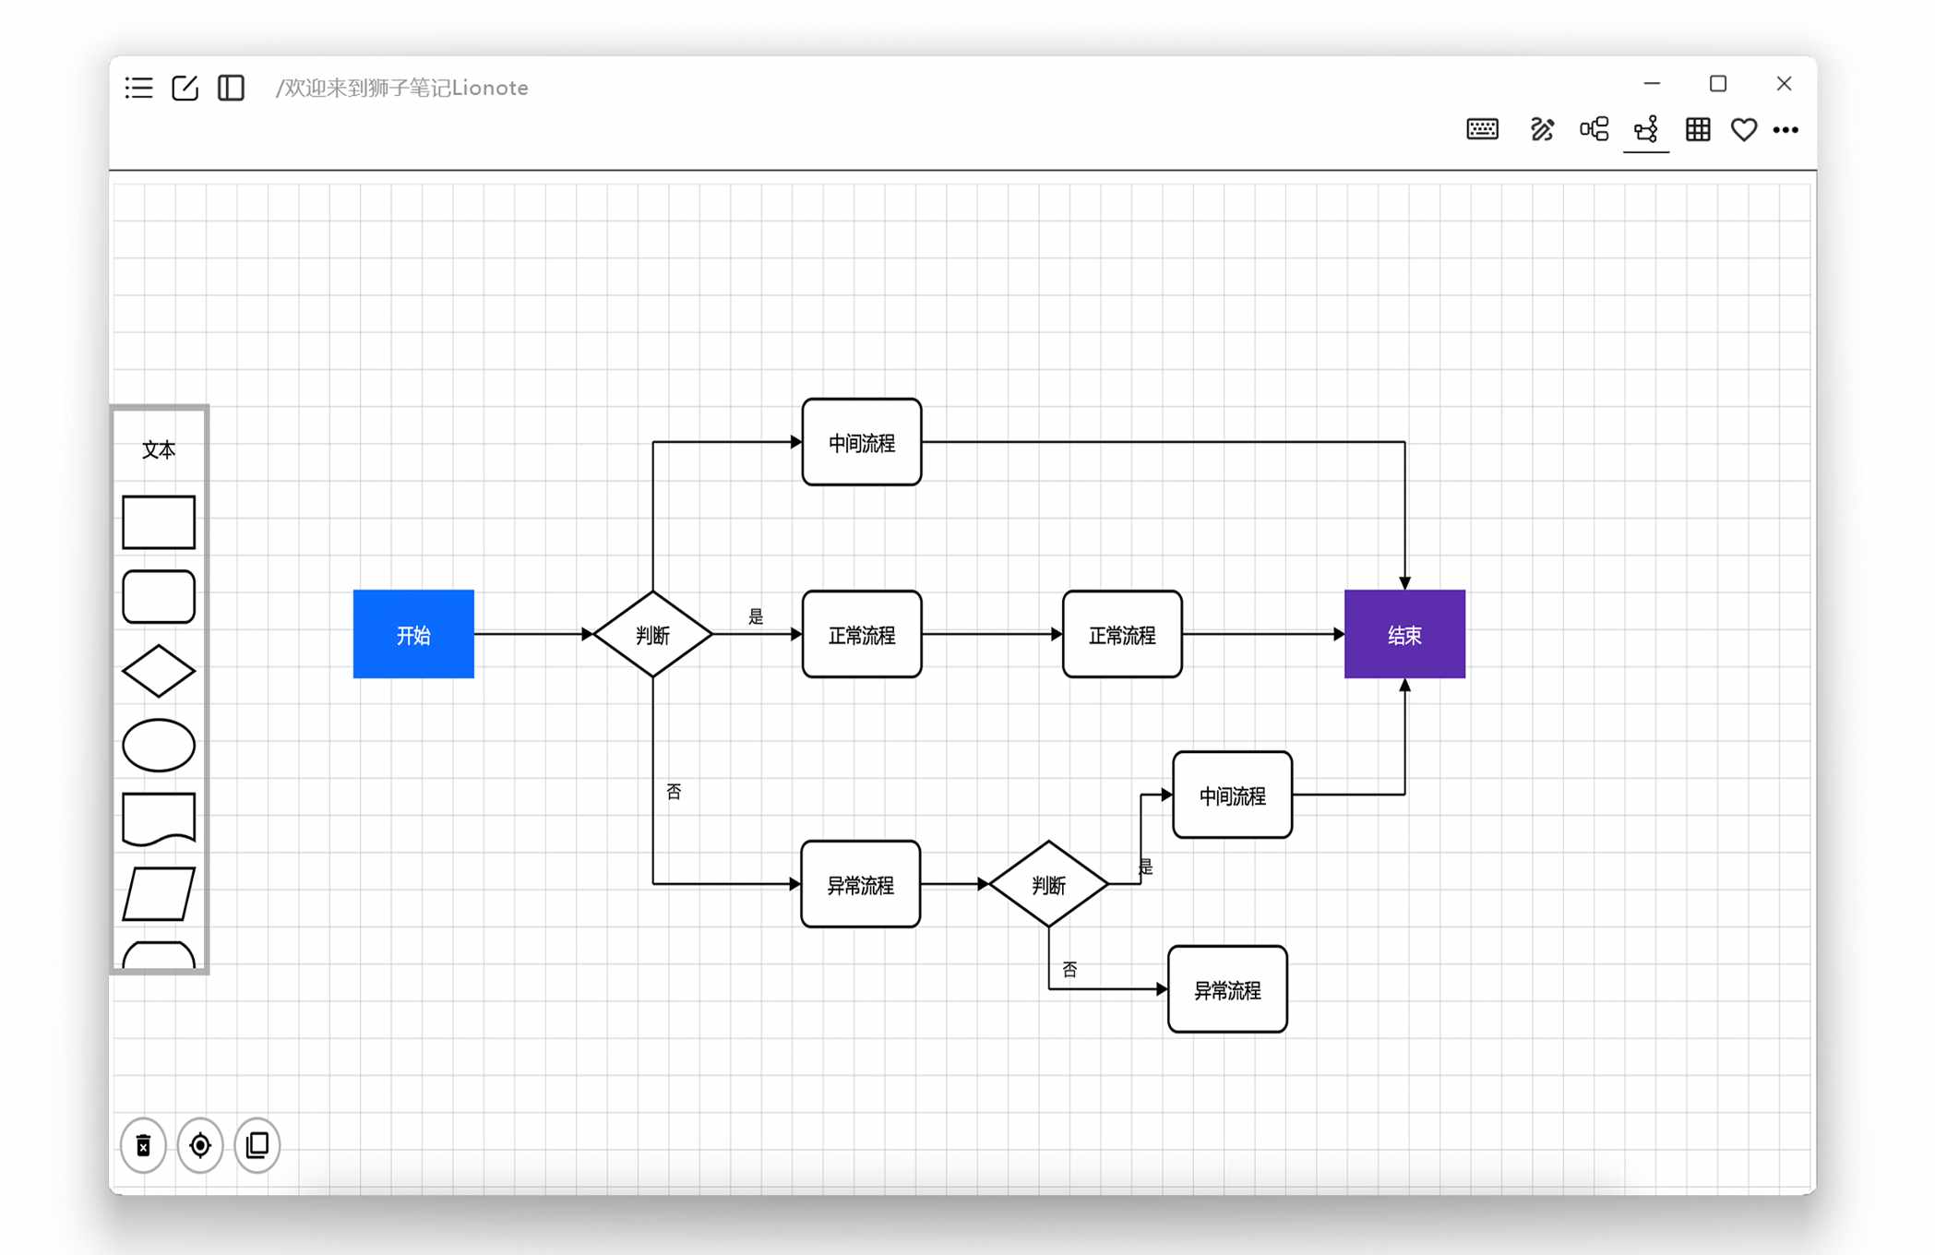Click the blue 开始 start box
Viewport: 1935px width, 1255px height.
[x=413, y=634]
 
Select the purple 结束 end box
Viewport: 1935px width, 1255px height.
[x=1404, y=634]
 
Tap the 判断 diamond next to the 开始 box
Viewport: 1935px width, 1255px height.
[x=652, y=634]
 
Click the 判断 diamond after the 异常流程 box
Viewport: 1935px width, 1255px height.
[x=1048, y=884]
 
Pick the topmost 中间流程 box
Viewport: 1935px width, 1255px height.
[x=862, y=442]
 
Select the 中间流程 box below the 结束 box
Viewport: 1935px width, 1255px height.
[x=1232, y=795]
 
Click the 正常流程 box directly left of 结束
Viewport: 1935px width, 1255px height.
[x=1122, y=634]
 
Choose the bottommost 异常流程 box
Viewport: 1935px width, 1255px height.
[x=1227, y=989]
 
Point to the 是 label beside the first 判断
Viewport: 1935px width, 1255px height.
[x=756, y=616]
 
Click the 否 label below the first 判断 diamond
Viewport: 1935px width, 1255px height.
[x=674, y=792]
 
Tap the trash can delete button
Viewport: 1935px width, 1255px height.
[x=144, y=1145]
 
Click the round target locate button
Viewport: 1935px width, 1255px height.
[x=200, y=1145]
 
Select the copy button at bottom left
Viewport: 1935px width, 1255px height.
[x=257, y=1145]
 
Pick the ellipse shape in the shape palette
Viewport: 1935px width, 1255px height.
[x=159, y=745]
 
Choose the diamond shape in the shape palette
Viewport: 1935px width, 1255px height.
[x=159, y=671]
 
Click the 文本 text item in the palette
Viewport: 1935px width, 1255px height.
[x=159, y=449]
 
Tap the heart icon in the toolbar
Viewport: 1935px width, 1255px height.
[x=1743, y=129]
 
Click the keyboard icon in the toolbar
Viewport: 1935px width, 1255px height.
[x=1483, y=129]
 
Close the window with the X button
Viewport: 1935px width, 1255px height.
[x=1784, y=84]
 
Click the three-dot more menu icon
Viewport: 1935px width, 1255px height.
[x=1786, y=130]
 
